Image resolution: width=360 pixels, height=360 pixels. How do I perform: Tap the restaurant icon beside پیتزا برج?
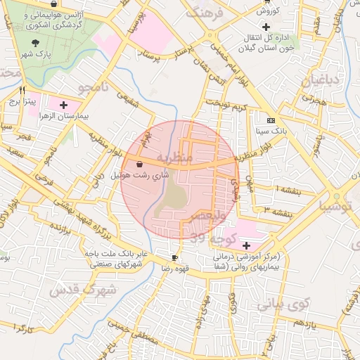pos(22,90)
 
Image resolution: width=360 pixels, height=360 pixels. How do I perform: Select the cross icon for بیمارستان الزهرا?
pos(63,104)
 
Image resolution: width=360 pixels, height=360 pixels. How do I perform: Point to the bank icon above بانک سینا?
pos(270,120)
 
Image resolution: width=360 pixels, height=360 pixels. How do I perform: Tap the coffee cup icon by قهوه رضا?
pos(174,258)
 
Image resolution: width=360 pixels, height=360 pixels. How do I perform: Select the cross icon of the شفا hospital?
pos(245,245)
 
